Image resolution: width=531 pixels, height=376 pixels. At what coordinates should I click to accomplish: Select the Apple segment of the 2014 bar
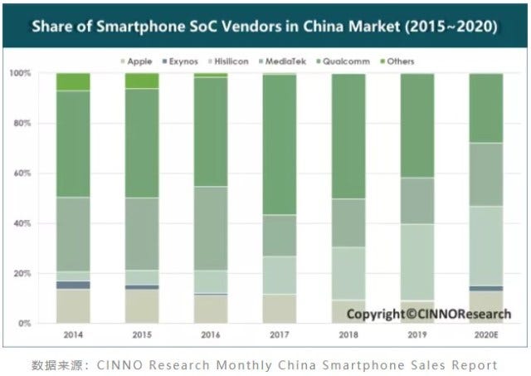(x=73, y=306)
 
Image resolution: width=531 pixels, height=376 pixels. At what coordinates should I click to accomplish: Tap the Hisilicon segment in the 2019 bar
(x=417, y=262)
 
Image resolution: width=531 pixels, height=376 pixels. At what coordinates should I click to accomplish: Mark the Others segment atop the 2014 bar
(x=73, y=81)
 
